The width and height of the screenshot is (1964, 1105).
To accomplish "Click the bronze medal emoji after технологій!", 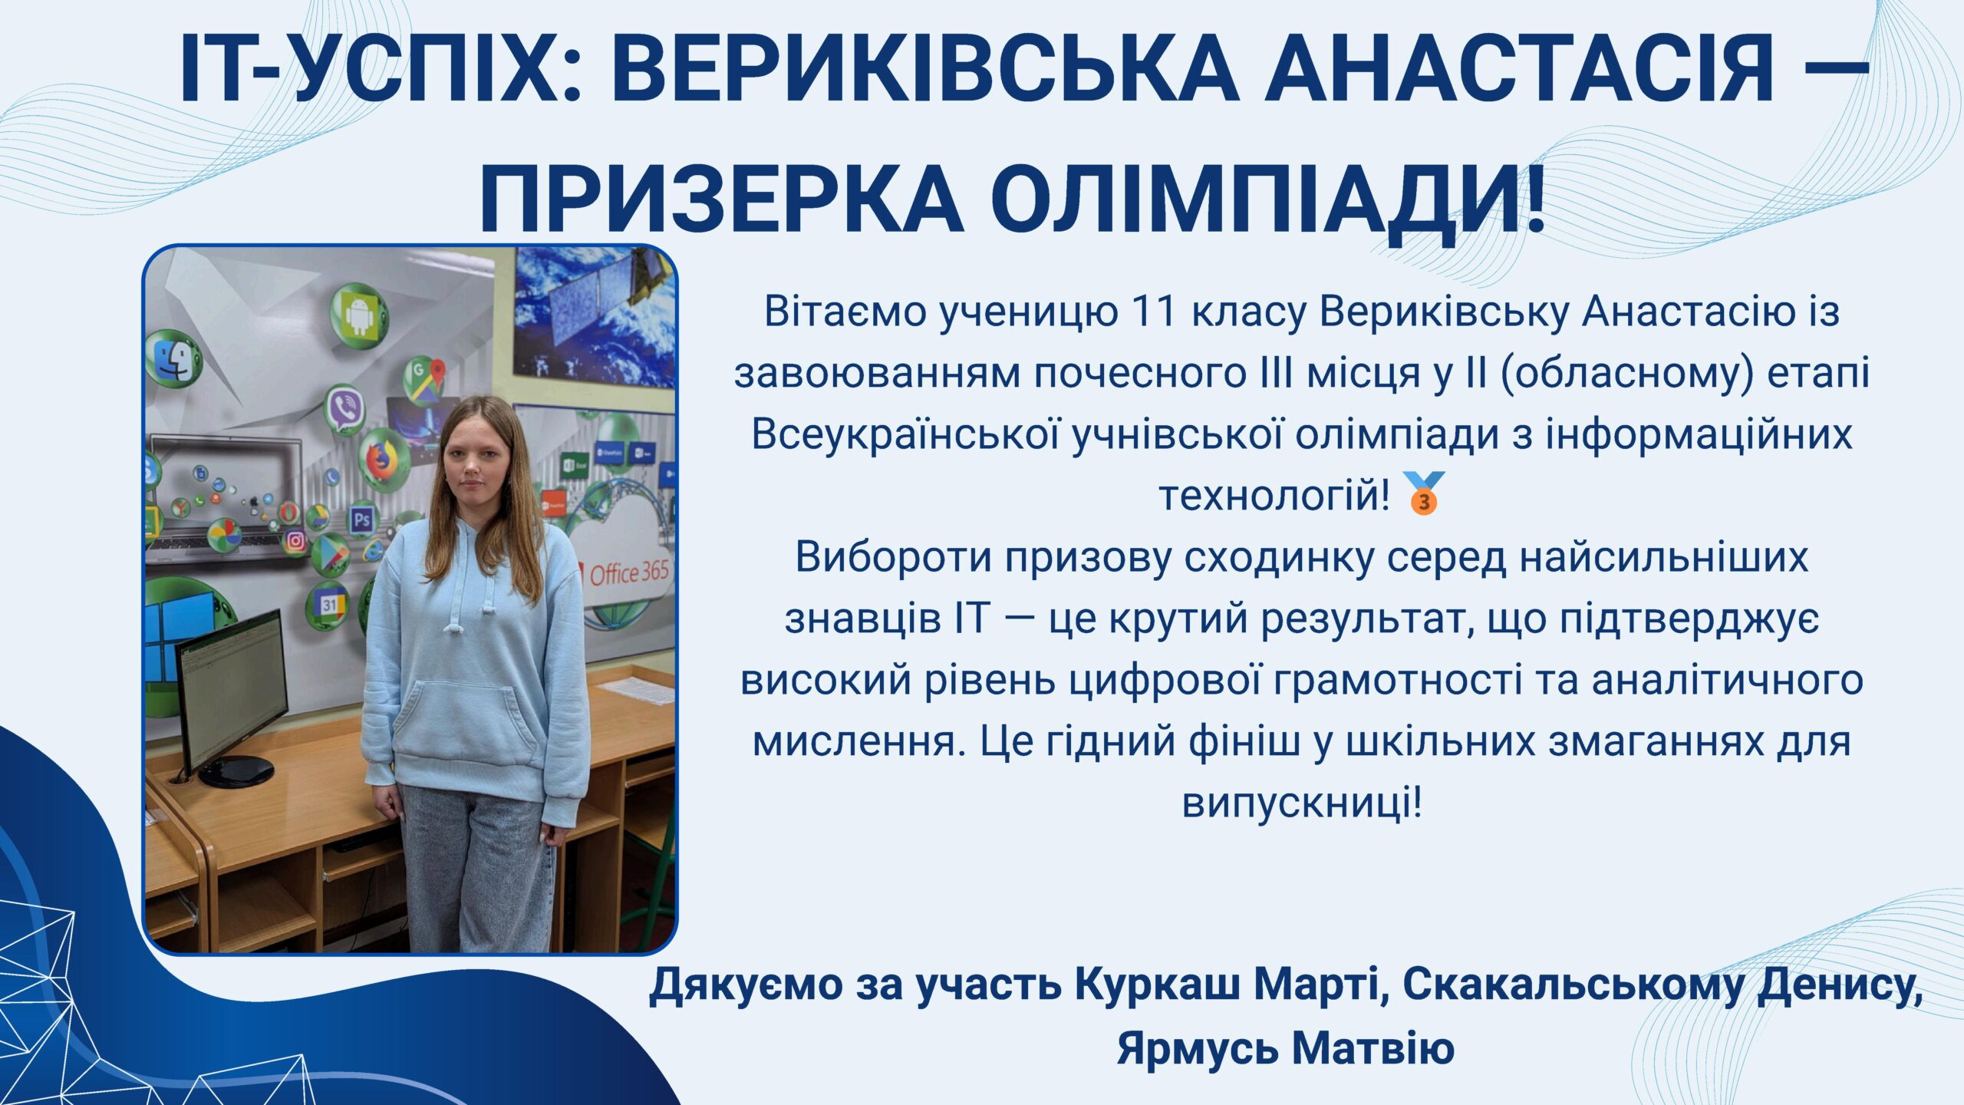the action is (x=1423, y=493).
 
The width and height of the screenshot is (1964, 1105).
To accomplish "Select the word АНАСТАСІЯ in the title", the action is (x=1520, y=68).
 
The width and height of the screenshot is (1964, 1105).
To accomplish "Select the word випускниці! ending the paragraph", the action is (x=1302, y=804).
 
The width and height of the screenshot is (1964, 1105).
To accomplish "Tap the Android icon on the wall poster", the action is (x=359, y=315).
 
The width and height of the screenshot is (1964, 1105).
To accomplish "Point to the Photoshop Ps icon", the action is (x=362, y=521).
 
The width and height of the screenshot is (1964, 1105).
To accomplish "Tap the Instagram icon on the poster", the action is (x=295, y=541).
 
